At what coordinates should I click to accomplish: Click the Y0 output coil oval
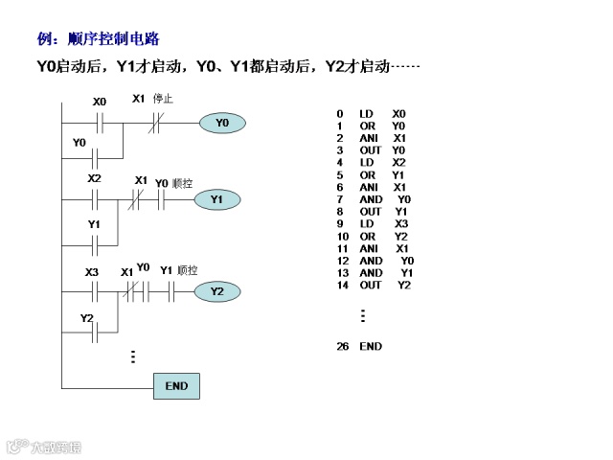tap(222, 123)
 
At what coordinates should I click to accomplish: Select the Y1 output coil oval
tap(216, 198)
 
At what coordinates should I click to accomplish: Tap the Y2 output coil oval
tap(217, 291)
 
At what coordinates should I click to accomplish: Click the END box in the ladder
tap(176, 385)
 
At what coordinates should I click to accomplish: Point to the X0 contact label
tap(100, 101)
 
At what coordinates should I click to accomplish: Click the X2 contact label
tap(94, 178)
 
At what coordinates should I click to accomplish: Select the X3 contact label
tap(92, 272)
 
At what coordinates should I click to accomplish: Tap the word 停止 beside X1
tap(163, 99)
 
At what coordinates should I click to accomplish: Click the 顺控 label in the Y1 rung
tap(183, 182)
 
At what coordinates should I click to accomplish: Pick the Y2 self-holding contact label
tap(86, 318)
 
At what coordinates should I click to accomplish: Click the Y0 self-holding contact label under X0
tap(79, 143)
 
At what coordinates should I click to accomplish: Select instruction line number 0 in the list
tap(339, 114)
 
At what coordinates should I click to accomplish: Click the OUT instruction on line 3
tap(370, 150)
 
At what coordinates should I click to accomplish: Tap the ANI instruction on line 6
tap(369, 187)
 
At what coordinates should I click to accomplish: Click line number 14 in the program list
tap(342, 285)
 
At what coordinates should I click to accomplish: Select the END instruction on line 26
tap(371, 346)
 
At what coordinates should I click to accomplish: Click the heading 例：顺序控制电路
tap(98, 39)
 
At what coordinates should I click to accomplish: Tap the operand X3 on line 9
tap(401, 223)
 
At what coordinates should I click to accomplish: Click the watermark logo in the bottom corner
tap(44, 447)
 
